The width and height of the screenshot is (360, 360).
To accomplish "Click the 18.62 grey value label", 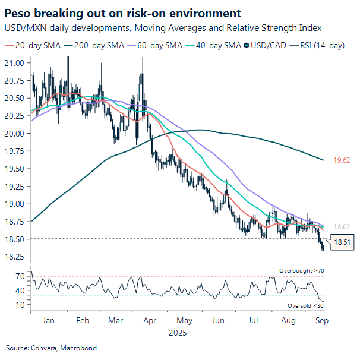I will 341,227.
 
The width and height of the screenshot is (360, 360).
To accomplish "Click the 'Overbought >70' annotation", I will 301,271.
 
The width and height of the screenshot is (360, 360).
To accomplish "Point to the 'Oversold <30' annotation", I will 304,305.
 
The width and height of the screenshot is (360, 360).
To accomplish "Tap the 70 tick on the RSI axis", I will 20,276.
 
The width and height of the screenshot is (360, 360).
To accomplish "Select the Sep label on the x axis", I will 321,321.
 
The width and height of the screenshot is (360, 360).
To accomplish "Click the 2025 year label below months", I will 177,333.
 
